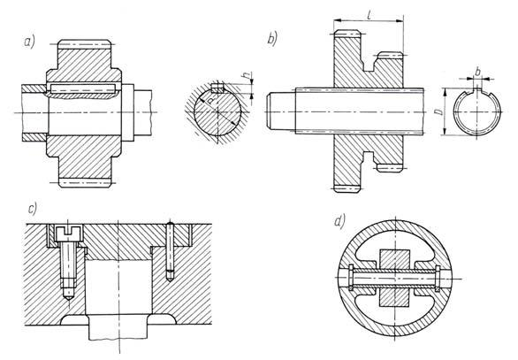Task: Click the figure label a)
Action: (29, 42)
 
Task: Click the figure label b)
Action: (272, 39)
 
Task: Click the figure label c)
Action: (33, 209)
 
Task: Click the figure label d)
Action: (339, 221)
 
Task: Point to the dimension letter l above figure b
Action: (369, 14)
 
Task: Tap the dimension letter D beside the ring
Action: (439, 111)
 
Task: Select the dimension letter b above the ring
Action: (477, 72)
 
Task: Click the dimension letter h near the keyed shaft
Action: (246, 76)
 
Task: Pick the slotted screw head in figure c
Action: (68, 234)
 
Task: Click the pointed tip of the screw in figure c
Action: (68, 300)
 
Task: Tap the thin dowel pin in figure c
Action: (170, 251)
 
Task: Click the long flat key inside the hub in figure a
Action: (82, 88)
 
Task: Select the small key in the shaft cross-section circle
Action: (217, 88)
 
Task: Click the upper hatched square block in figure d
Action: (395, 259)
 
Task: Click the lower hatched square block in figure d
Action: (395, 296)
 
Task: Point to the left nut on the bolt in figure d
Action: (351, 278)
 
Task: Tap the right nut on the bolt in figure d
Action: (438, 279)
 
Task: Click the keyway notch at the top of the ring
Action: (477, 93)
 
